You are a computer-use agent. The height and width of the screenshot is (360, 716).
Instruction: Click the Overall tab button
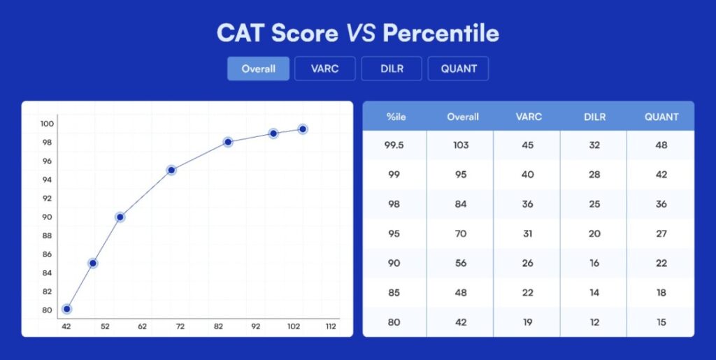[x=258, y=69]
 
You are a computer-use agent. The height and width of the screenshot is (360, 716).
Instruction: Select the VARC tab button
[x=324, y=69]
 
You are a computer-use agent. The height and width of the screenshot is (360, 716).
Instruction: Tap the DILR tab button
[x=392, y=69]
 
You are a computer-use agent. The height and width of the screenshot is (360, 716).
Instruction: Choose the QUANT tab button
[x=459, y=69]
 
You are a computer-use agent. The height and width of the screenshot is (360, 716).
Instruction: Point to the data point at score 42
[x=66, y=309]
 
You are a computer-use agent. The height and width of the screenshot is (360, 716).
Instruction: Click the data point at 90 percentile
[x=120, y=217]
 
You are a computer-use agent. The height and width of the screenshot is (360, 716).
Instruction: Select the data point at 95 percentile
[x=171, y=170]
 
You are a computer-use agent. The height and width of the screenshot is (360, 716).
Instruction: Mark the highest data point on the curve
[x=303, y=129]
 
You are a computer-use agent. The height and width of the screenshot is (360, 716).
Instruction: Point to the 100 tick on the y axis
[x=47, y=124]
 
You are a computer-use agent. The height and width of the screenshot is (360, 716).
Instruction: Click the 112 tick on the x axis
[x=330, y=326]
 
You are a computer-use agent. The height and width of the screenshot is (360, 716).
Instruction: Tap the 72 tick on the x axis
[x=180, y=326]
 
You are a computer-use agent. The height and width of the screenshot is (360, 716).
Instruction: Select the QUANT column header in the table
[x=661, y=117]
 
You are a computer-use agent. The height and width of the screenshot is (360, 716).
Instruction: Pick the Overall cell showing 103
[x=460, y=145]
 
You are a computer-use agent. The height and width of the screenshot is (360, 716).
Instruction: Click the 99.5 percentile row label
[x=394, y=145]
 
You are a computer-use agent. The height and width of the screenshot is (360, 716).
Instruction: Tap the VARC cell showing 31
[x=527, y=233]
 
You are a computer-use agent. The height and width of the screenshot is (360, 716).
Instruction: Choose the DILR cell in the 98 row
[x=594, y=204]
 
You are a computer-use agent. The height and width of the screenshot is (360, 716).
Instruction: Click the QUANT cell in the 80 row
[x=661, y=322]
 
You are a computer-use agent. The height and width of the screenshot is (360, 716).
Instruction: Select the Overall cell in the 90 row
[x=460, y=264]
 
